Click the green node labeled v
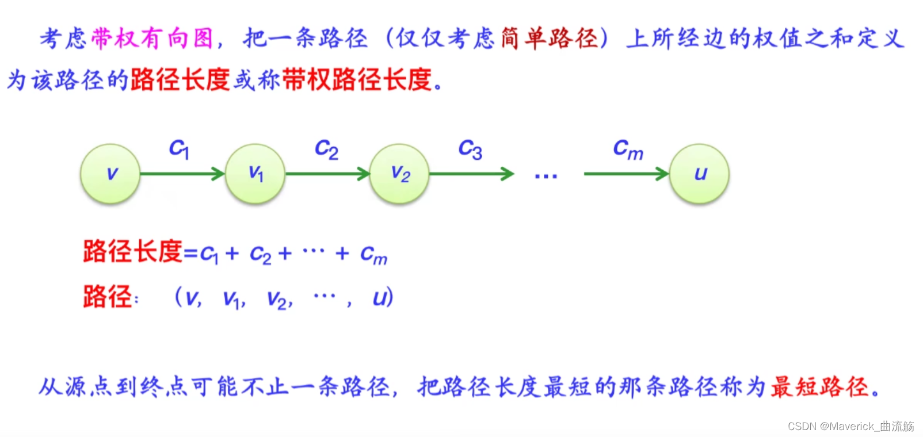(110, 174)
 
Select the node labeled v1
(255, 174)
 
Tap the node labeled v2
(399, 174)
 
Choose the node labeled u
(699, 174)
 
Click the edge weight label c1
(179, 149)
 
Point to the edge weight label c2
(326, 149)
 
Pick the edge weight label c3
(470, 149)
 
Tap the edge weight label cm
(628, 149)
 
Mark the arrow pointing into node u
(626, 174)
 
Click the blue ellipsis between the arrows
(546, 176)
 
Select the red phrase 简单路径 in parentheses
(550, 39)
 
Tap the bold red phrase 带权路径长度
(357, 79)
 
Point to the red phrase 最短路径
(819, 387)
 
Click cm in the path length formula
(373, 255)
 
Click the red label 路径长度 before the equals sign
(132, 252)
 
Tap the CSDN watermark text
(850, 426)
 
